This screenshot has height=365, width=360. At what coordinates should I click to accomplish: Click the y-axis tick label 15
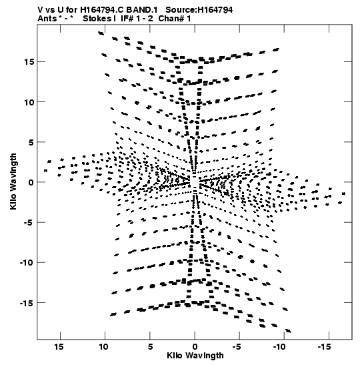[29, 62]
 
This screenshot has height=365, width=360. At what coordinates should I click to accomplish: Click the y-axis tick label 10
[29, 102]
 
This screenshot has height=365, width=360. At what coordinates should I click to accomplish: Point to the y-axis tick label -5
[29, 223]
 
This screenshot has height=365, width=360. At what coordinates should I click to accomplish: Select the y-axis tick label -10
[27, 263]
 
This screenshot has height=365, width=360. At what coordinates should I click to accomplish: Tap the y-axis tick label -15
[27, 303]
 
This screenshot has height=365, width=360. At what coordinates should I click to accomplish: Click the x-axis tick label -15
[324, 347]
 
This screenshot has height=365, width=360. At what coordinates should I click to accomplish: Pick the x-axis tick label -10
[279, 347]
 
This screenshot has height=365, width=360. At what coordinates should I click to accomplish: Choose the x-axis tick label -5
[237, 347]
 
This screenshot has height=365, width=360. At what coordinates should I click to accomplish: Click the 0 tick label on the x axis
[195, 347]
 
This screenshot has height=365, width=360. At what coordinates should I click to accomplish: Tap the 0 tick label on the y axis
[31, 183]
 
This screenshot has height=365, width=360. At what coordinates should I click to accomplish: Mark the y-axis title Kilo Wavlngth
[13, 181]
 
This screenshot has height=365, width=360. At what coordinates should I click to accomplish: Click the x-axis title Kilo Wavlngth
[195, 356]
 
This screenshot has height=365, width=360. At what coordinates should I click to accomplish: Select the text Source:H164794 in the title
[199, 10]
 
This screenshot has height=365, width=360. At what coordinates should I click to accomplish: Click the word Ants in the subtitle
[47, 19]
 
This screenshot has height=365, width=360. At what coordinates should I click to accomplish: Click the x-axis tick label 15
[59, 347]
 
